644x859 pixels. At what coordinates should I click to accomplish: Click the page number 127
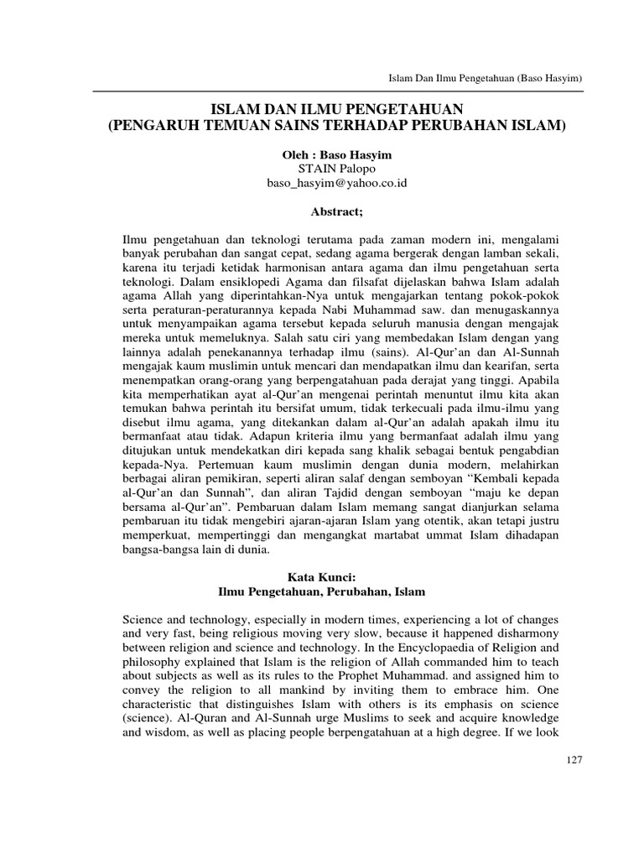click(574, 759)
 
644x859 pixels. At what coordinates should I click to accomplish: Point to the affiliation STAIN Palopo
click(323, 169)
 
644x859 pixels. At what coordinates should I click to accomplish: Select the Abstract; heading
click(323, 211)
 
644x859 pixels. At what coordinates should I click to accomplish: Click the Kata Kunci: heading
click(323, 578)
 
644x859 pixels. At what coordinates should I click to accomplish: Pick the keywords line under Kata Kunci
click(323, 591)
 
